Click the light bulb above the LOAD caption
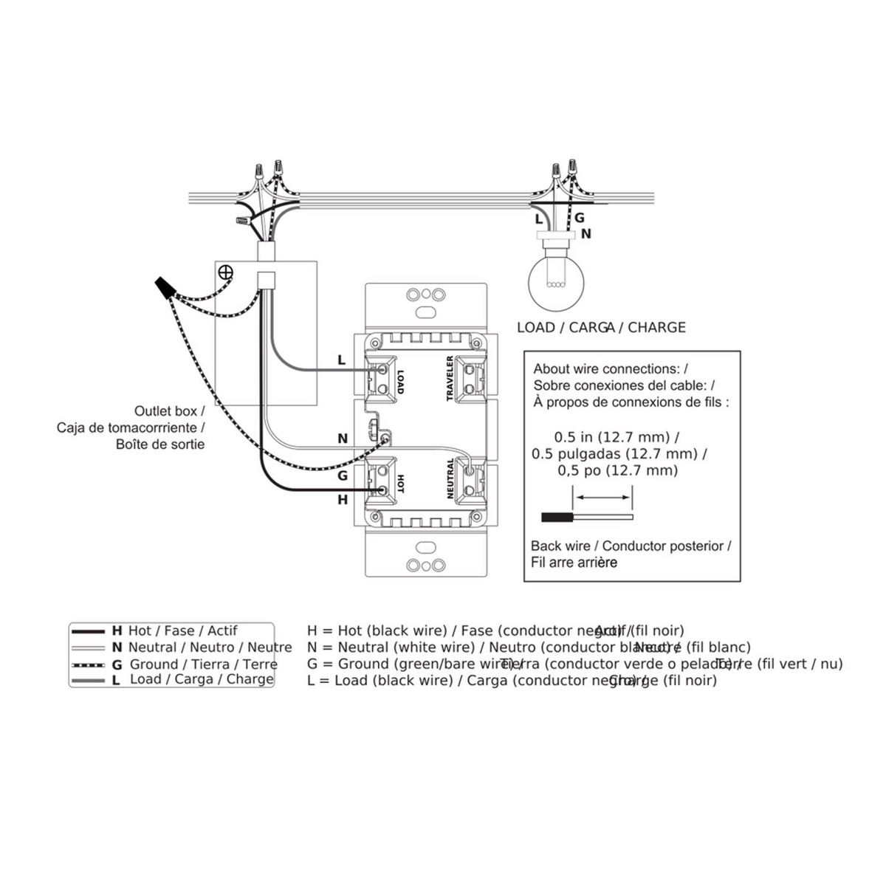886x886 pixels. click(555, 281)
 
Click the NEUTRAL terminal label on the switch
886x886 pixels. click(450, 478)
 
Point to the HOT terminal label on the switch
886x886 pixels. click(401, 484)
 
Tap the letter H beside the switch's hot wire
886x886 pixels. click(343, 500)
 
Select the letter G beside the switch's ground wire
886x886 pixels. click(343, 475)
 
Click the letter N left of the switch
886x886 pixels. click(343, 439)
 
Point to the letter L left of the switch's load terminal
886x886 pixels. click(341, 360)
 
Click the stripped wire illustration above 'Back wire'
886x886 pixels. click(587, 518)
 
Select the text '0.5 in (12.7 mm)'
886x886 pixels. click(617, 436)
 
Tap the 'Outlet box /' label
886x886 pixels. click(169, 411)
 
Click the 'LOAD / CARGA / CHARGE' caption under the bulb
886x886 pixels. click(601, 327)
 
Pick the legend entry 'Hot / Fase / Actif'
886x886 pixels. click(182, 631)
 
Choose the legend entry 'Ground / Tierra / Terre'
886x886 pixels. click(203, 664)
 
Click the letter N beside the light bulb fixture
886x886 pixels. click(586, 234)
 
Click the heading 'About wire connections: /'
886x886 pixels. click(611, 368)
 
